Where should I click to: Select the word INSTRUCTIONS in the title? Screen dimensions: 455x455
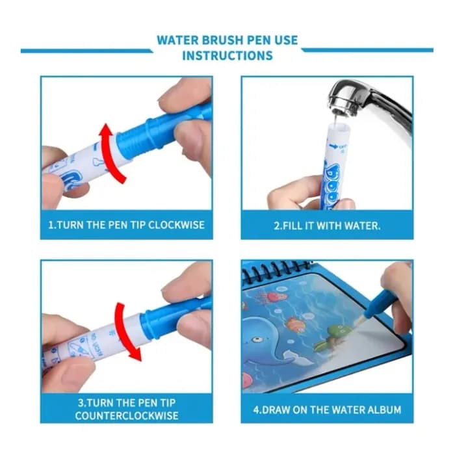point(227,56)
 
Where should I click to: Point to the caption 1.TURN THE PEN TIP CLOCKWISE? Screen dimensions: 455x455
point(126,226)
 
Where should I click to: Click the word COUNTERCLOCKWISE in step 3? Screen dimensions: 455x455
point(126,415)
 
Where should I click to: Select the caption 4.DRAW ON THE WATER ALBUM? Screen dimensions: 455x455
point(327,409)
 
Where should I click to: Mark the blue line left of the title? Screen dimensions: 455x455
point(84,50)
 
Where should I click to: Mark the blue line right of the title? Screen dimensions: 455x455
point(368,50)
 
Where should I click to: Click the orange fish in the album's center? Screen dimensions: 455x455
point(296,323)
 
